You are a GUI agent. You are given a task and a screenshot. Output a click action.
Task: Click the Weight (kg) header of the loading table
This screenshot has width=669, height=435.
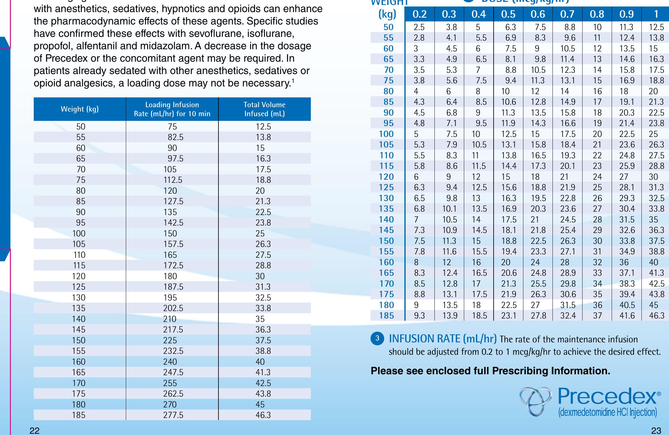(80, 109)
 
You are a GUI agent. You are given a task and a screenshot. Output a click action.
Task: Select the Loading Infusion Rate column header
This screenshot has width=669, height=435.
(172, 109)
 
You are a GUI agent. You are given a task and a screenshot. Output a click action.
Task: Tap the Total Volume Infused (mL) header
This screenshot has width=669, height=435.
(264, 109)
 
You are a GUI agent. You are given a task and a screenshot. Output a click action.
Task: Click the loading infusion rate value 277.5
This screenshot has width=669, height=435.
(173, 415)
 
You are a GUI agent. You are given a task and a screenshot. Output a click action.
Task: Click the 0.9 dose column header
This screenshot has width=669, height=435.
(626, 14)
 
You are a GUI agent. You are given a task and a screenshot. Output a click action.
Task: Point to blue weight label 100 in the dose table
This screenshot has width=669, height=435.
(386, 134)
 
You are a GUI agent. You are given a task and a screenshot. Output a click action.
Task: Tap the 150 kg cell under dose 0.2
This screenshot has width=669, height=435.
(419, 241)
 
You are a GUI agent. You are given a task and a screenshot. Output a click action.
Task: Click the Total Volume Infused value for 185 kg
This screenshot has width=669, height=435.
(263, 415)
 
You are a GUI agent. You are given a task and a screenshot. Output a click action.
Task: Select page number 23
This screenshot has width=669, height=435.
(656, 430)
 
